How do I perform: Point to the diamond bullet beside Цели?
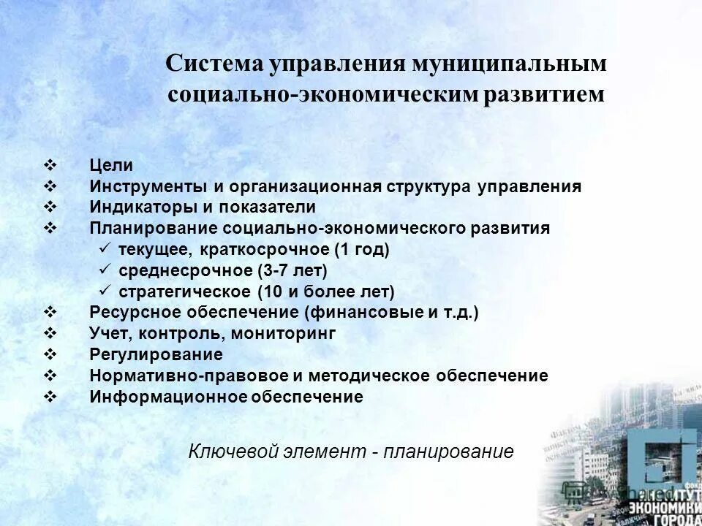[x=50, y=166]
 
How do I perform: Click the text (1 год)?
[x=362, y=250]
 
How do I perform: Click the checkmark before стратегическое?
[x=103, y=292]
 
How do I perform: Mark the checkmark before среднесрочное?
[x=103, y=271]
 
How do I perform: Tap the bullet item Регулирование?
[x=156, y=355]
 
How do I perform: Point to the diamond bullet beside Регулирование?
[x=50, y=355]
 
